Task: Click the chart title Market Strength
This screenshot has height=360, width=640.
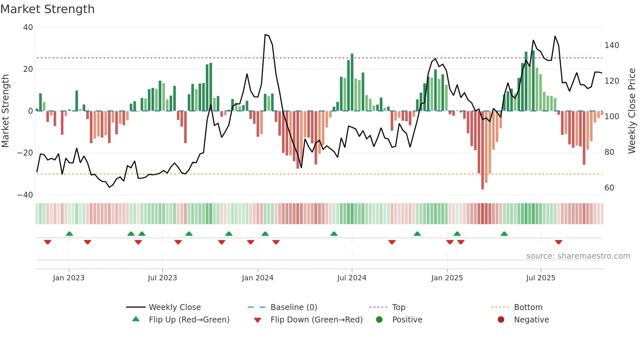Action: click(x=47, y=9)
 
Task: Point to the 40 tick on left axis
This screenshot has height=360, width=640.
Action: click(x=28, y=27)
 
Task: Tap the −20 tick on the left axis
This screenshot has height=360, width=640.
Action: click(x=25, y=153)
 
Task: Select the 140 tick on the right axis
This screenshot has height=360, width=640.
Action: click(x=612, y=45)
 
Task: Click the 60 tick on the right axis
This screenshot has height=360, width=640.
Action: click(x=609, y=188)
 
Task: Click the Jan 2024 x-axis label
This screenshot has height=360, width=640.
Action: click(x=258, y=278)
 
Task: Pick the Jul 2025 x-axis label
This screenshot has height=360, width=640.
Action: click(x=541, y=278)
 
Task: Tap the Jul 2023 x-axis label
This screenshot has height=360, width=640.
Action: click(x=162, y=278)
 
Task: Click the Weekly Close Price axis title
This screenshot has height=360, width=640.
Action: click(x=632, y=111)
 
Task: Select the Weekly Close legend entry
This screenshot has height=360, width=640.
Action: click(x=175, y=307)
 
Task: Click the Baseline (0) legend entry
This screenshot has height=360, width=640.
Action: click(x=294, y=307)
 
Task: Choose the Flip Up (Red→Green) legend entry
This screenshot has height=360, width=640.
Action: click(x=189, y=320)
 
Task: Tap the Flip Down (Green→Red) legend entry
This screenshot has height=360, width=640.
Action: click(x=316, y=320)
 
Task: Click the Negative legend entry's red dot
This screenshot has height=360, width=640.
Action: click(x=501, y=320)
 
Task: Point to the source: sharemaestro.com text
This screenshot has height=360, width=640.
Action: click(x=578, y=256)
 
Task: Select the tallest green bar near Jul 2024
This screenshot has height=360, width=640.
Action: click(x=352, y=82)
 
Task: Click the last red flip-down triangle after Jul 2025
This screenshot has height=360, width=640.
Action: click(x=559, y=242)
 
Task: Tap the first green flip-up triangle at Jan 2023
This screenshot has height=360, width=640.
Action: click(x=69, y=234)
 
